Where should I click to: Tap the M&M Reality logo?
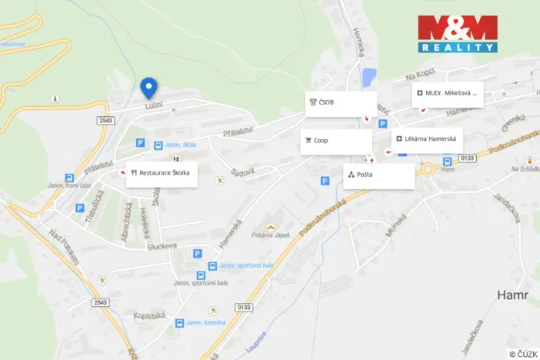(x=458, y=34)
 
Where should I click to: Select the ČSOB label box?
(x=341, y=102)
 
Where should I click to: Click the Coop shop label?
(x=336, y=141)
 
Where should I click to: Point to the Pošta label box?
(x=378, y=175)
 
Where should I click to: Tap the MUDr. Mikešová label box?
(x=448, y=93)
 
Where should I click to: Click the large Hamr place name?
(x=513, y=294)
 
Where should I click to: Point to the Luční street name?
(x=153, y=107)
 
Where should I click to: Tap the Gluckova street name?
(x=162, y=246)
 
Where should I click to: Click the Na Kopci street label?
(x=422, y=75)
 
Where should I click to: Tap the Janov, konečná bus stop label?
(x=205, y=323)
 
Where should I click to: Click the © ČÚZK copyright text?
(x=523, y=353)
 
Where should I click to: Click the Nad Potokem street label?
(x=63, y=248)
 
